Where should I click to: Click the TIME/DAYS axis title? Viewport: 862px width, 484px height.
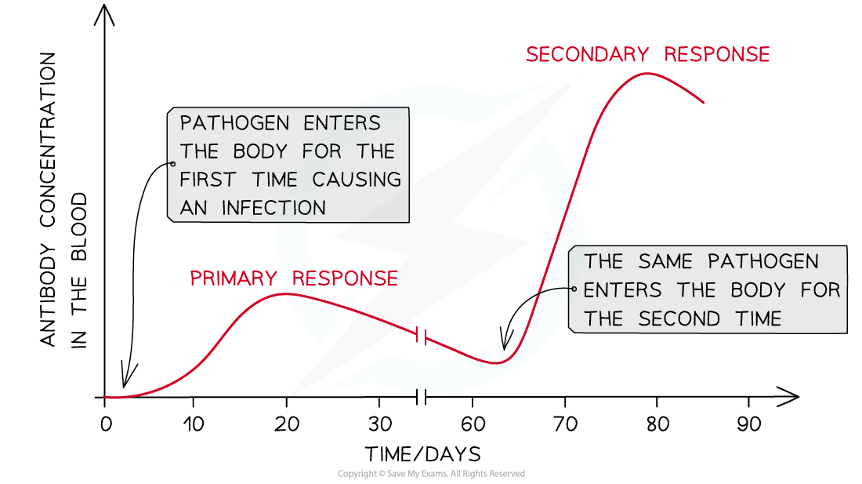pos(422,453)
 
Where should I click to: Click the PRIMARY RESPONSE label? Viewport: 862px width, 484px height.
pos(293,278)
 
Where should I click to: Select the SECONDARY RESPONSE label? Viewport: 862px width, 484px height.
pos(647,55)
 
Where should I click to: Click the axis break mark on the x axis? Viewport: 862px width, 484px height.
pos(421,397)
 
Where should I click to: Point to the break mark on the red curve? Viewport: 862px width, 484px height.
pos(421,337)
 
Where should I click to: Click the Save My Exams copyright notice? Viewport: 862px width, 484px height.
pos(431,474)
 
